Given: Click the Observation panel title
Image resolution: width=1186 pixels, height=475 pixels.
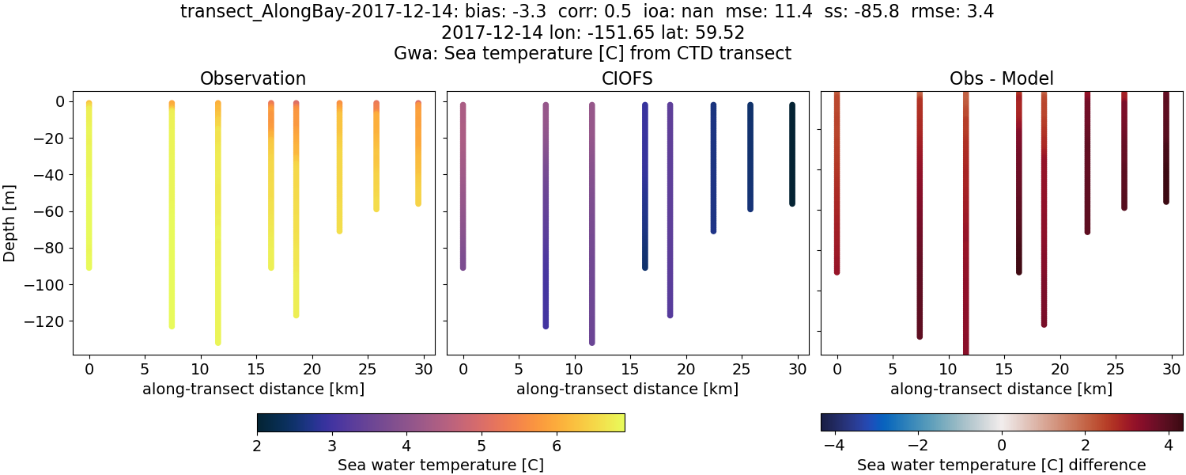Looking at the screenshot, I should (x=253, y=78).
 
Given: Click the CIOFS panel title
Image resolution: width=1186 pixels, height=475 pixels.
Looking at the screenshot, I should (x=628, y=78).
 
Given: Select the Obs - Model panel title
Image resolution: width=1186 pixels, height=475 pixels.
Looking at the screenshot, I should (x=1001, y=78).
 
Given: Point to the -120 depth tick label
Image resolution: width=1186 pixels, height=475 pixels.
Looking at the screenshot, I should (x=44, y=321).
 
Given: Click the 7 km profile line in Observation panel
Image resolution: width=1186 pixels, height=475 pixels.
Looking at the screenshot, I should (x=172, y=214).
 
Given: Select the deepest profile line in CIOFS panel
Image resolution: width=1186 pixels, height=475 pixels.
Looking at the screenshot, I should (x=591, y=222).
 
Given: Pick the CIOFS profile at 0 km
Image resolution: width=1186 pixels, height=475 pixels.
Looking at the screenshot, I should (x=463, y=186).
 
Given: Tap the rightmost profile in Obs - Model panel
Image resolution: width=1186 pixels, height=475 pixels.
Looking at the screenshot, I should (x=1165, y=146).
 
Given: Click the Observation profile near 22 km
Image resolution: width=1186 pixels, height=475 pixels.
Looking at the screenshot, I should (x=339, y=166).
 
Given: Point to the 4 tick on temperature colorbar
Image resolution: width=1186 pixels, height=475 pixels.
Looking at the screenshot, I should (x=406, y=446).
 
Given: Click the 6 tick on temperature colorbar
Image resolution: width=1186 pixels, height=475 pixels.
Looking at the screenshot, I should (x=556, y=446).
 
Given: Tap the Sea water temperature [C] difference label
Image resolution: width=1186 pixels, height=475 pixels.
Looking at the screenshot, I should (x=1001, y=465).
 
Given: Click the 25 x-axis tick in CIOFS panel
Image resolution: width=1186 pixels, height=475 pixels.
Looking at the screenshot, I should (x=742, y=369).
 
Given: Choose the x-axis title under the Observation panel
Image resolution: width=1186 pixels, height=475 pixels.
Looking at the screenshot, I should (x=253, y=389).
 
